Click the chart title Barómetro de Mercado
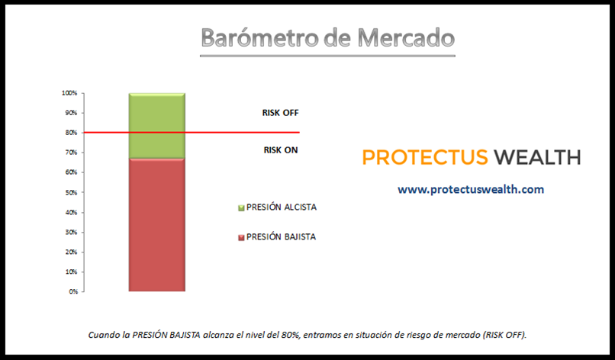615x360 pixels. click(x=327, y=37)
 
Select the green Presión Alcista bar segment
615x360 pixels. click(x=157, y=126)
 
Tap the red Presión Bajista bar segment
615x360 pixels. click(x=157, y=225)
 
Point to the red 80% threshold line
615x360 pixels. click(x=191, y=133)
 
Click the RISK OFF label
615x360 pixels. click(x=281, y=113)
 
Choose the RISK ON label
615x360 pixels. click(x=281, y=150)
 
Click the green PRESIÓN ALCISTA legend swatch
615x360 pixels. click(x=241, y=208)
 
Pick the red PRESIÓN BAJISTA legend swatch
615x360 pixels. click(x=241, y=238)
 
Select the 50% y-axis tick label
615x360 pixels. click(x=72, y=192)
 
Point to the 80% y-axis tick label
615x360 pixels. click(x=72, y=133)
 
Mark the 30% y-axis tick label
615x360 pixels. click(x=72, y=232)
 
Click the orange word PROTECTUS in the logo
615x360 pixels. click(x=425, y=158)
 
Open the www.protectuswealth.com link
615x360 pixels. click(x=471, y=190)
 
